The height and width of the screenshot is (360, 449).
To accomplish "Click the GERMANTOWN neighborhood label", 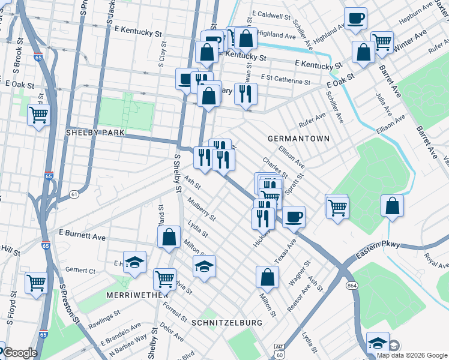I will point(298,139).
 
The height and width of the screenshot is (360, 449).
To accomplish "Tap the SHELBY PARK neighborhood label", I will point(95,132).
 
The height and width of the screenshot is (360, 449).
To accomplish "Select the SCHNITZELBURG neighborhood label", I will point(227,323).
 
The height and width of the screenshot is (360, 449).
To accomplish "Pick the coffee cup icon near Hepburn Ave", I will point(355,17).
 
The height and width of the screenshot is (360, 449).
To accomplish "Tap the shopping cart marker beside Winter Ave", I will point(382,41).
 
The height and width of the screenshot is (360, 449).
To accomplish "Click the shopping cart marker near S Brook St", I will point(38,113).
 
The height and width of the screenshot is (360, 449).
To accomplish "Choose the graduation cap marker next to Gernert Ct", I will point(135,262).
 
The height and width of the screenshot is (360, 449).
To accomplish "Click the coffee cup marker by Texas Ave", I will point(293,216).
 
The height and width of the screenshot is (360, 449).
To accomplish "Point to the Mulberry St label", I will point(200,208).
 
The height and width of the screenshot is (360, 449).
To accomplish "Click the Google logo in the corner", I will point(19,353).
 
